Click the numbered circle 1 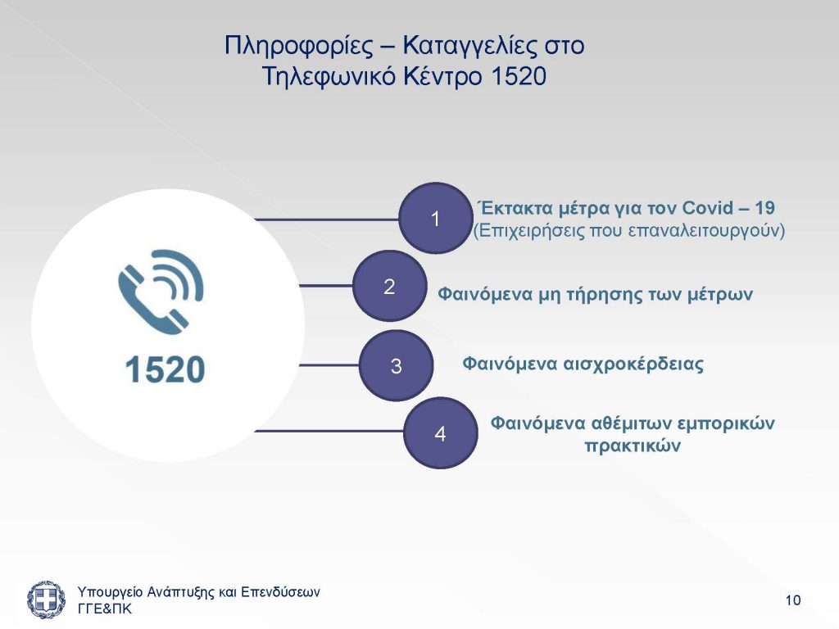[x=436, y=218]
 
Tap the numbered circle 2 [x=389, y=286]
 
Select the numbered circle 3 [x=396, y=365]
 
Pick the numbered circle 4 [x=440, y=432]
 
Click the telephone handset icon [x=161, y=292]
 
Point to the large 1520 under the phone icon [x=165, y=369]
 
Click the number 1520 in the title [x=518, y=76]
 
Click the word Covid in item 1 [x=708, y=207]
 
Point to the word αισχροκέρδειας [x=633, y=364]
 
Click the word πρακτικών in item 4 [x=633, y=446]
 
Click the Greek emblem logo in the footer [x=46, y=599]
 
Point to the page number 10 [x=793, y=600]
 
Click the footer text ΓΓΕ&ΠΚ [x=104, y=609]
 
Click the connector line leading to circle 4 [x=329, y=431]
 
